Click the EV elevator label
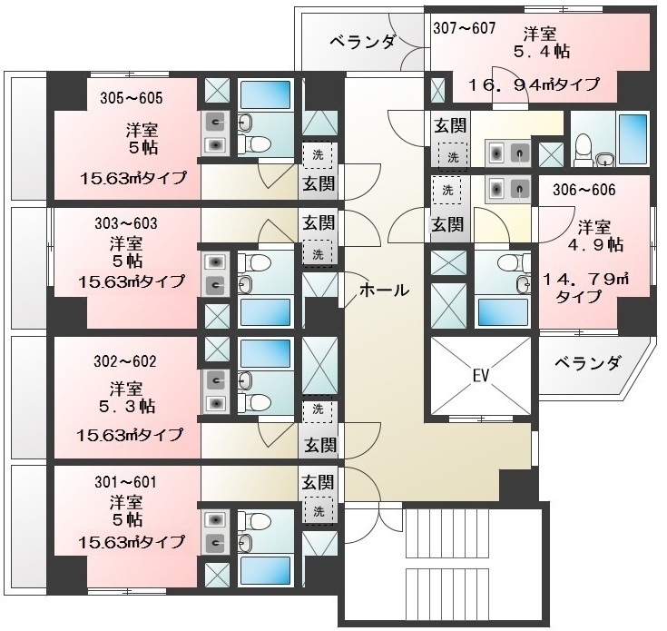pos(481,376)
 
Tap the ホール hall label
pos(384,291)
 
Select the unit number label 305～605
pos(132,98)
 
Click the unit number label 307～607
pos(465,28)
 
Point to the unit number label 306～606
pos(584,190)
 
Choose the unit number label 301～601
pos(125,482)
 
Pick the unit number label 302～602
pos(125,361)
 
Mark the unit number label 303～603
pos(126,223)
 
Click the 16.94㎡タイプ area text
pos(535,84)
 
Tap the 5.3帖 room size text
pos(127,407)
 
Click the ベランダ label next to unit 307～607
pos(363,42)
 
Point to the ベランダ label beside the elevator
pos(587,363)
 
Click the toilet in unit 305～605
pos(254,143)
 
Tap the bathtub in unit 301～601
pos(265,570)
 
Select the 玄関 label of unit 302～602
pos(319,445)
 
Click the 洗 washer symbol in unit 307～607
pos(453,157)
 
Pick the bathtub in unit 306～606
pos(503,312)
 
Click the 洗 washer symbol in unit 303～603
pos(318,254)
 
